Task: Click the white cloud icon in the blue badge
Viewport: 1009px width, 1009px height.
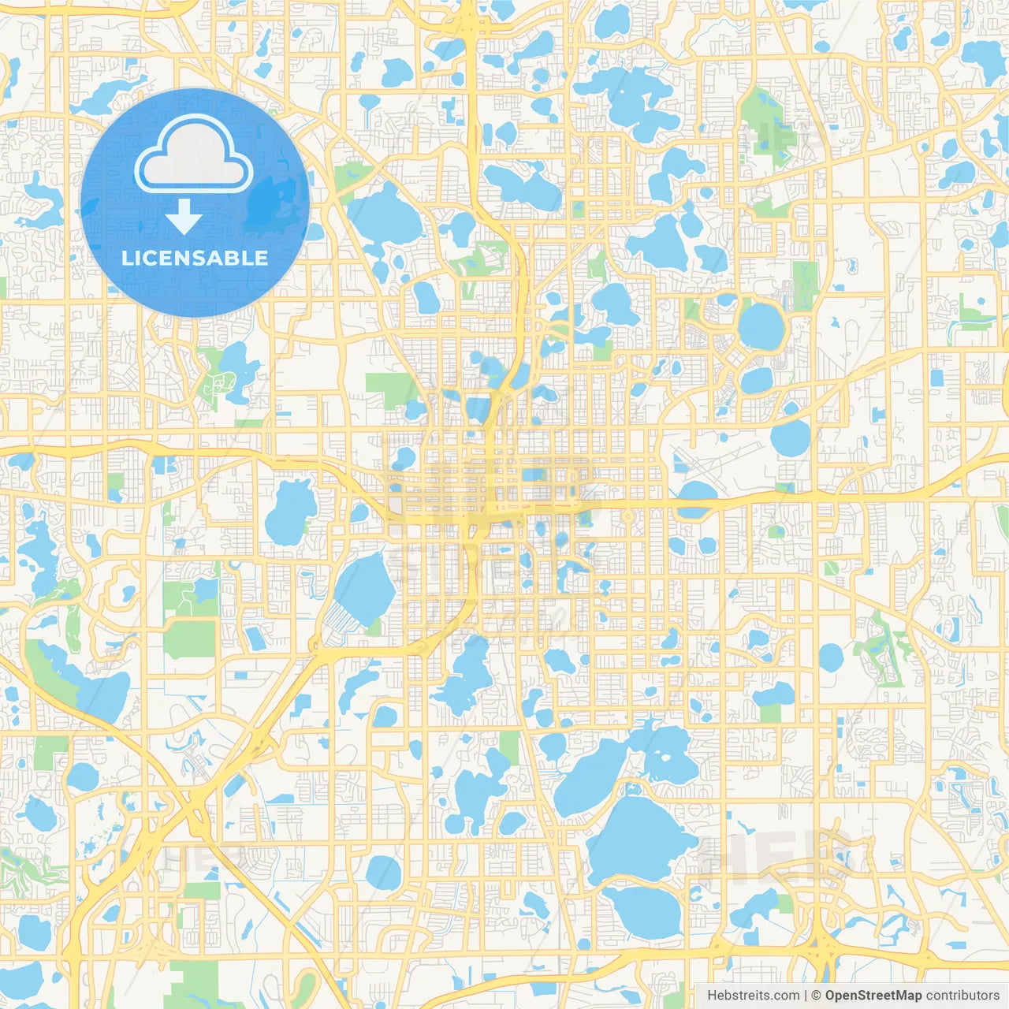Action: click(x=193, y=155)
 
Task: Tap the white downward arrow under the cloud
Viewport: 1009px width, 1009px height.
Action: click(x=183, y=217)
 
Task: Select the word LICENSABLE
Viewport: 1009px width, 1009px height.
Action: click(x=195, y=259)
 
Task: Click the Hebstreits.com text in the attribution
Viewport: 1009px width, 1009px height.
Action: click(x=754, y=996)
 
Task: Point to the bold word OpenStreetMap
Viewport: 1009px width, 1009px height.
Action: click(x=873, y=996)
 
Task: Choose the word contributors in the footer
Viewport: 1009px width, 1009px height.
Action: click(x=962, y=996)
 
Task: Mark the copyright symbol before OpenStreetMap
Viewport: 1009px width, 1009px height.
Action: click(x=817, y=996)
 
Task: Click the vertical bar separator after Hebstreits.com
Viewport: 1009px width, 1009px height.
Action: click(x=806, y=996)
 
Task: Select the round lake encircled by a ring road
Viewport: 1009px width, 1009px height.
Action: click(x=761, y=326)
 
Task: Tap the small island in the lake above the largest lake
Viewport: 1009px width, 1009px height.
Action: click(x=631, y=786)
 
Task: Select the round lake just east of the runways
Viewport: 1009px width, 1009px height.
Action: click(x=790, y=438)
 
